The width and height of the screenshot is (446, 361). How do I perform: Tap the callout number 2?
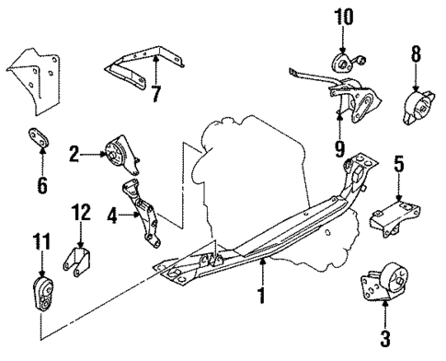pyautogui.click(x=74, y=156)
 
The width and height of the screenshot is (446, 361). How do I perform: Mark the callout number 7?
pyautogui.click(x=155, y=93)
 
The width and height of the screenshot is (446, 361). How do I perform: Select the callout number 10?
pyautogui.click(x=342, y=17)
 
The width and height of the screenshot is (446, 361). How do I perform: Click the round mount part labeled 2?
pyautogui.click(x=118, y=153)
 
